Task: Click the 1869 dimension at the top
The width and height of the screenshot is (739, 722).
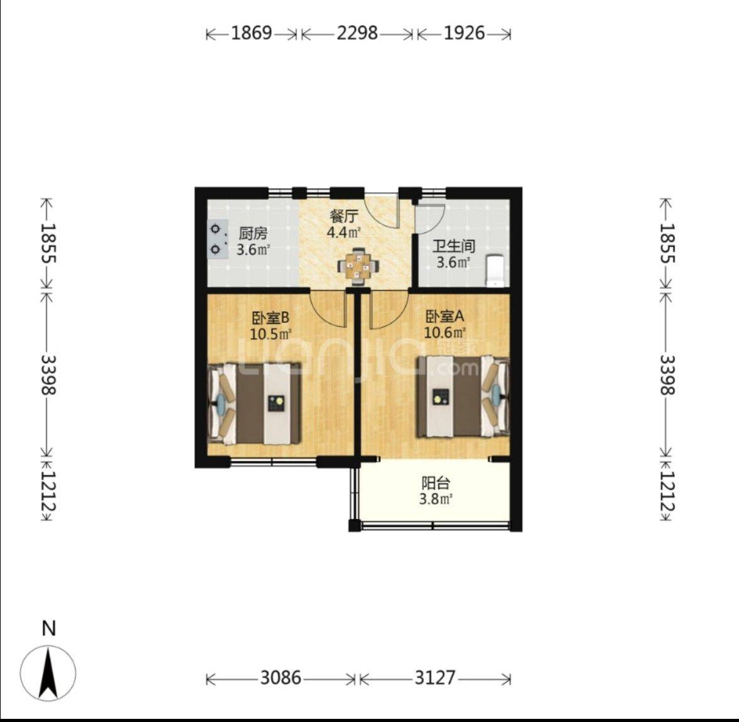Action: pyautogui.click(x=252, y=33)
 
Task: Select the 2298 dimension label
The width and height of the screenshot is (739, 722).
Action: pyautogui.click(x=357, y=33)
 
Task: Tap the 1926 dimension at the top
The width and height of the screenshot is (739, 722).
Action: pyautogui.click(x=464, y=33)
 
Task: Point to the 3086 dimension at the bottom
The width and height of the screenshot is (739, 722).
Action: pyautogui.click(x=281, y=678)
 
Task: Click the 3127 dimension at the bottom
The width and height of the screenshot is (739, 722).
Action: pyautogui.click(x=435, y=678)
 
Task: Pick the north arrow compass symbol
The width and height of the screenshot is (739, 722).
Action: pyautogui.click(x=48, y=671)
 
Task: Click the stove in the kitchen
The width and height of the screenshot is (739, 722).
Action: pyautogui.click(x=217, y=240)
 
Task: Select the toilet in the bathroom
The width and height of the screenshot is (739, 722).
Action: pyautogui.click(x=496, y=270)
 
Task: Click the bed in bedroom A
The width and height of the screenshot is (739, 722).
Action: pyautogui.click(x=462, y=396)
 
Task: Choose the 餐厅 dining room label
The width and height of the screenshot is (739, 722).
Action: pyautogui.click(x=344, y=217)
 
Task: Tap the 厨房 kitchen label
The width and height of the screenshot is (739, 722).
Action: pyautogui.click(x=253, y=234)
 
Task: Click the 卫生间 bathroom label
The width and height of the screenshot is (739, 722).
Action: pyautogui.click(x=453, y=246)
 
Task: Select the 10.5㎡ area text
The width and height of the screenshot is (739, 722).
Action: pyautogui.click(x=270, y=334)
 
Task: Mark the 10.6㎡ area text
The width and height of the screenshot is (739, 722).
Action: pyautogui.click(x=445, y=332)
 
